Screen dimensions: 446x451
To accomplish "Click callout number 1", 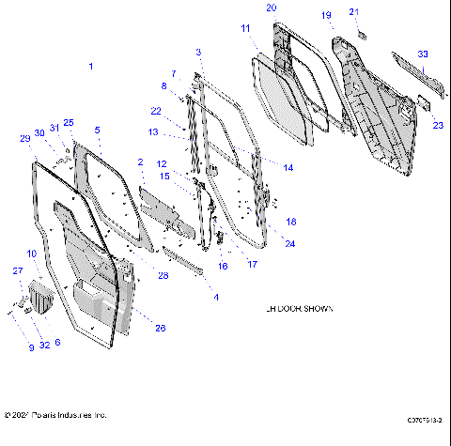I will tap(91, 66).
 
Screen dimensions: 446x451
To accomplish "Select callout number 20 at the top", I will tap(272, 8).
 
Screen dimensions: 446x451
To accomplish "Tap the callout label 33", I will tap(423, 54).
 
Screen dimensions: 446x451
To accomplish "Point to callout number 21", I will tap(354, 11).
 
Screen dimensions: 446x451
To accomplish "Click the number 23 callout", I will tap(438, 125).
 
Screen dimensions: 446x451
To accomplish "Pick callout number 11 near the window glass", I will tap(245, 30).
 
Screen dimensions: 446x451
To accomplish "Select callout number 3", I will tap(198, 51).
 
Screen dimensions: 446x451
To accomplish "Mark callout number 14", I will tap(288, 167).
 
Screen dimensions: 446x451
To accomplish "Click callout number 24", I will tap(290, 243).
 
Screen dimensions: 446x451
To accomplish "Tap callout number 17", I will tap(253, 265).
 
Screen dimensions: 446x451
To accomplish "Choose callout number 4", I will tap(216, 298).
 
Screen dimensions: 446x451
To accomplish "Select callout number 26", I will tap(160, 328).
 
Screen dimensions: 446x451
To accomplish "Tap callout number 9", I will tap(31, 348).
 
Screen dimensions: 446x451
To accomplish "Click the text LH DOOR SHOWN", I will tap(299, 309).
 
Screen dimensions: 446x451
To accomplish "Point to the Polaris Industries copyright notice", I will tap(56, 414).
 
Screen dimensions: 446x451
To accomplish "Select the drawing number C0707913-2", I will tap(424, 421).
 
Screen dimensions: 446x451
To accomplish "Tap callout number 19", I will tap(327, 16).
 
